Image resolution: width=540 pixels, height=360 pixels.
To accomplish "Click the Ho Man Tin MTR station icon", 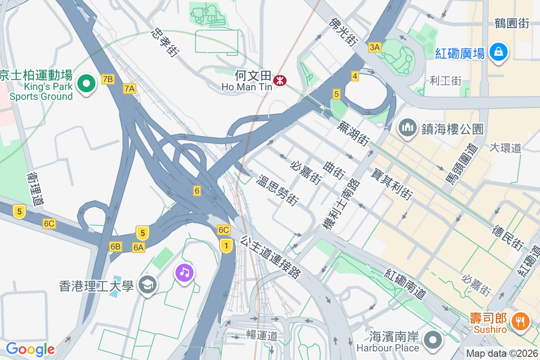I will click(280, 81).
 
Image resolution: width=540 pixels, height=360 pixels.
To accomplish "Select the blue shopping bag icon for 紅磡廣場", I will click(499, 52).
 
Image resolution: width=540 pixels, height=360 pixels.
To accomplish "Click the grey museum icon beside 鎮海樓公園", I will click(408, 128).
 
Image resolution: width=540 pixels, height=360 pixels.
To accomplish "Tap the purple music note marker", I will click(184, 272).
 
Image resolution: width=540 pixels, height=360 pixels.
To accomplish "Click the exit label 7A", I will click(129, 89).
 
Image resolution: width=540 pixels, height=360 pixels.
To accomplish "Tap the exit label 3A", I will click(374, 47).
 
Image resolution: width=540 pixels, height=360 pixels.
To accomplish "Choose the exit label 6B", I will click(115, 247).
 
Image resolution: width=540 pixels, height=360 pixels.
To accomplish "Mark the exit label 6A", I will click(139, 247).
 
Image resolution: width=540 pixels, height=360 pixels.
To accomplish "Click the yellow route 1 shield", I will click(226, 246).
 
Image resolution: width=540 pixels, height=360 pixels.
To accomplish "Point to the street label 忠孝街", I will click(164, 42).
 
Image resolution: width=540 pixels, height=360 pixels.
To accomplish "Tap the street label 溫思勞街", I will click(277, 191).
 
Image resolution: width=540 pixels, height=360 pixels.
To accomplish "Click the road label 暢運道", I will click(261, 335).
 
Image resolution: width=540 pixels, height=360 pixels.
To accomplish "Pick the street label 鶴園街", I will click(512, 23).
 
